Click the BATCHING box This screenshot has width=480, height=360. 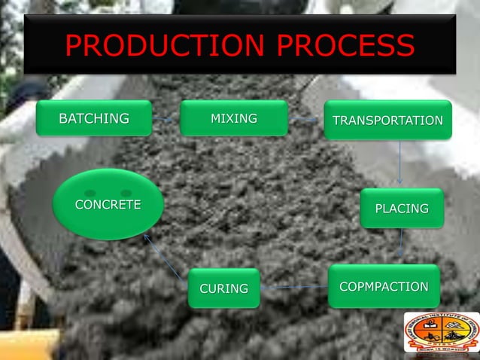click(x=93, y=119)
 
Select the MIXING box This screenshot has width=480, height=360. click(x=233, y=119)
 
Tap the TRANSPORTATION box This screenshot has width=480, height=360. click(x=387, y=121)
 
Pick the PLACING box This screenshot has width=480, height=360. click(x=402, y=208)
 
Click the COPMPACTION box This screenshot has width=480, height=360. click(x=384, y=286)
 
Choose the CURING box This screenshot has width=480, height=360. click(x=223, y=288)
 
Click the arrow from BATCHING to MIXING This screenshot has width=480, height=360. click(x=166, y=119)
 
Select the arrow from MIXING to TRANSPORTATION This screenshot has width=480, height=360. click(x=305, y=120)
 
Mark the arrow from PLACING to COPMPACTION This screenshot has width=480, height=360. click(x=401, y=245)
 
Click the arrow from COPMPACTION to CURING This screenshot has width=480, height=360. click(x=294, y=287)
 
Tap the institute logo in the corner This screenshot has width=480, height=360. click(x=441, y=332)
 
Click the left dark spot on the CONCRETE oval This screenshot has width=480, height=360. click(x=90, y=193)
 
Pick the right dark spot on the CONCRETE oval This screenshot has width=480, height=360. click(x=126, y=193)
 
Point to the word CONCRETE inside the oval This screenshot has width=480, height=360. click(x=108, y=205)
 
